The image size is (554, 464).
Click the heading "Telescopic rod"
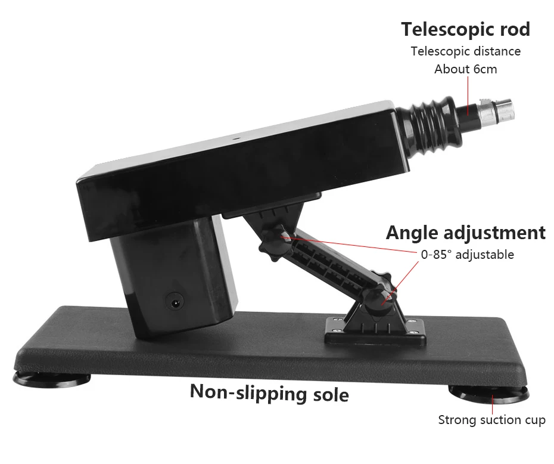pos(465,29)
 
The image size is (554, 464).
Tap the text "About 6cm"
pos(465,69)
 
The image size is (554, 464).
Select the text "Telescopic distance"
pos(465,51)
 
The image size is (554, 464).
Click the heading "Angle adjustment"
pos(465,233)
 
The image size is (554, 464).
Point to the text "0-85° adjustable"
pos(467,255)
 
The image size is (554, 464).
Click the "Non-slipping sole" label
pos(269,392)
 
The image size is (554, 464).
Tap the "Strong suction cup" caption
pos(491,420)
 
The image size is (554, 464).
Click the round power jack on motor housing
pos(175,302)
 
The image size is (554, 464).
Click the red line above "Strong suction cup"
pos(492,403)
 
